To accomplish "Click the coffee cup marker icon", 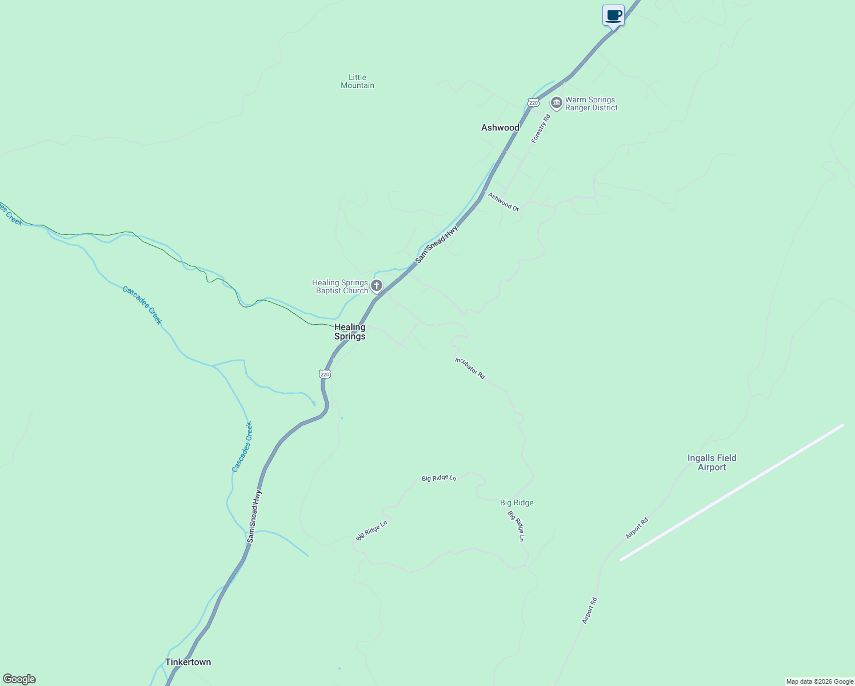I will click(613, 15).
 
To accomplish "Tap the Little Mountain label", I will click(357, 81).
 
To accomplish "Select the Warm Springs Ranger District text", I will click(591, 103).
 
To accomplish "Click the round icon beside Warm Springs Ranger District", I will click(556, 103).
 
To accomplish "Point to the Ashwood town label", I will click(500, 127).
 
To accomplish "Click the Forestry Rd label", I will click(540, 129).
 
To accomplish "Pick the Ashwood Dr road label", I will click(503, 202).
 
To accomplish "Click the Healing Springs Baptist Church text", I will click(340, 286).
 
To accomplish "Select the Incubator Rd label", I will click(470, 368).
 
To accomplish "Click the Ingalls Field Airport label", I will click(712, 462).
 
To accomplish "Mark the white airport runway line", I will click(732, 492).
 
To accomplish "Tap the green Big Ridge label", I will click(517, 503).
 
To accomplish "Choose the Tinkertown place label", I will click(188, 662).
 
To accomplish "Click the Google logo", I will click(19, 679).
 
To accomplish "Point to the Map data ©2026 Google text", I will click(820, 681).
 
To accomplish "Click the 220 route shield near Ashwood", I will click(533, 102).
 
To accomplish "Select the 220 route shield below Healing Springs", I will click(325, 374).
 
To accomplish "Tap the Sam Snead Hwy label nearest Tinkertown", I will click(254, 516).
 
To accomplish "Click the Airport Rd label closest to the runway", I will click(637, 528).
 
